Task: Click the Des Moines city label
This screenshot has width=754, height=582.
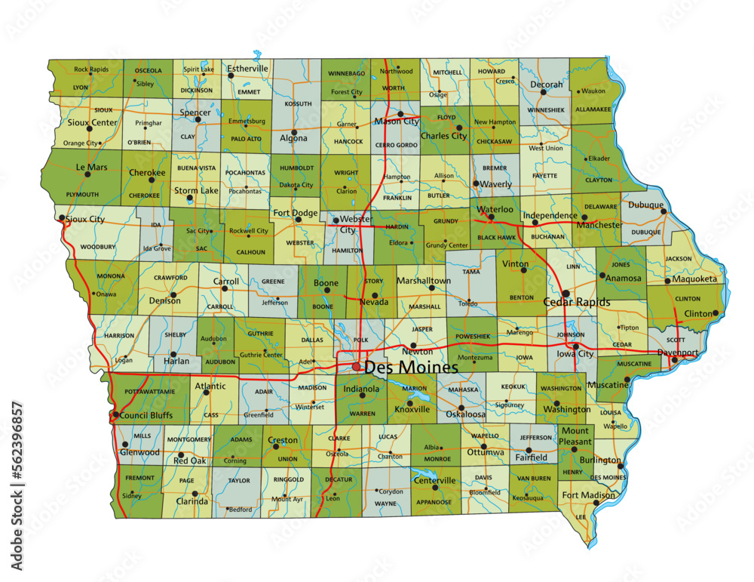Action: [x=411, y=368]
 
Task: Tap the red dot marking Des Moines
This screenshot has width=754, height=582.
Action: [x=356, y=367]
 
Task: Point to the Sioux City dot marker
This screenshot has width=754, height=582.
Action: [x=61, y=219]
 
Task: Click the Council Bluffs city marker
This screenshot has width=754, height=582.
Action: [x=115, y=414]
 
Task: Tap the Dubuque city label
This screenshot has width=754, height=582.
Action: [x=646, y=205]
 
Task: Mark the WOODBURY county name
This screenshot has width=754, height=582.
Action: [x=98, y=247]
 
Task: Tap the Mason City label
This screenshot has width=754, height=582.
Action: [x=397, y=122]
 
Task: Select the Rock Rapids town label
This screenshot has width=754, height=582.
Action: [x=90, y=69]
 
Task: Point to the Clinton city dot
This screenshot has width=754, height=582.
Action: [x=715, y=313]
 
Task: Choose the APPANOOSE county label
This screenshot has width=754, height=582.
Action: [x=433, y=502]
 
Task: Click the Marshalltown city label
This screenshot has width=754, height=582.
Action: [x=424, y=281]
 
